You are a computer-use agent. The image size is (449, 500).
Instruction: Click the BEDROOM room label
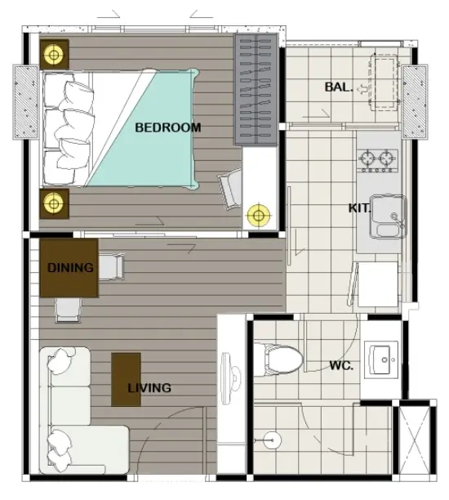point(168,127)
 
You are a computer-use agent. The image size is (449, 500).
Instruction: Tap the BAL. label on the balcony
point(339,87)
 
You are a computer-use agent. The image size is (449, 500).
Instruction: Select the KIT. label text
point(359,208)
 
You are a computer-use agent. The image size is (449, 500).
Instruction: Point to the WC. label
point(341,365)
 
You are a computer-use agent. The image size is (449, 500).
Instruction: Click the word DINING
point(70,267)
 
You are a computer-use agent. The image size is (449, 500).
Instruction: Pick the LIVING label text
point(149,388)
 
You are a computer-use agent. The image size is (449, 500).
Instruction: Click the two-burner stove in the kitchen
point(378,160)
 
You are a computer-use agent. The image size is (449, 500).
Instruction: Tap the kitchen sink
point(388,217)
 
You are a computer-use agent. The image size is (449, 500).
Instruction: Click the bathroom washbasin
point(381,359)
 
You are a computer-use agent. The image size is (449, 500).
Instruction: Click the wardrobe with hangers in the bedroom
point(256,89)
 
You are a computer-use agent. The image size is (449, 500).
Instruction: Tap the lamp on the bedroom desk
point(259,216)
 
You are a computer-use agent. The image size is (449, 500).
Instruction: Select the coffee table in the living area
point(126,379)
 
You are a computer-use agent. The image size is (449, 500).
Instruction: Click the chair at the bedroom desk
point(230,189)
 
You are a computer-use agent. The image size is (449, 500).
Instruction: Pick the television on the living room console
point(230,378)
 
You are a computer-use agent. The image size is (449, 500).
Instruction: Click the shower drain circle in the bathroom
point(272,440)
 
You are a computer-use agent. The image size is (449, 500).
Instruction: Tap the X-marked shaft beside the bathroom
point(415,440)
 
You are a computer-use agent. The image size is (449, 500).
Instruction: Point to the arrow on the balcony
point(362,90)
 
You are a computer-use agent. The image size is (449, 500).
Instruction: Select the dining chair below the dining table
point(68,310)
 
